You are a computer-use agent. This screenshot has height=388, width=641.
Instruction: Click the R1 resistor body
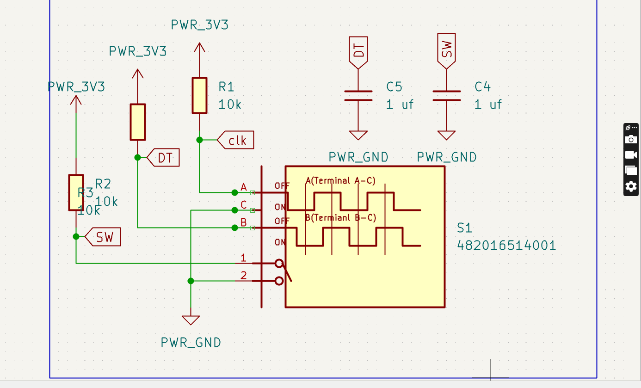click(x=199, y=95)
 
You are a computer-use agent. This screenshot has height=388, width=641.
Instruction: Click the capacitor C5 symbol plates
click(x=358, y=95)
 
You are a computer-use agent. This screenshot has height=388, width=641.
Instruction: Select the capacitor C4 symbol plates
click(x=446, y=95)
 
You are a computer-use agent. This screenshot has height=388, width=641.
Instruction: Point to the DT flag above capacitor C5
click(x=358, y=51)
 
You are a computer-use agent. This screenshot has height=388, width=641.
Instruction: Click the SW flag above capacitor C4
click(x=446, y=49)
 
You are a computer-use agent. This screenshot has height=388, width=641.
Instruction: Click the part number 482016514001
click(x=506, y=245)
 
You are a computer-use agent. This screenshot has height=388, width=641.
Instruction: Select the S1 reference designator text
click(x=464, y=228)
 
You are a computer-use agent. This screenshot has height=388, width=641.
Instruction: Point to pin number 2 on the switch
click(x=244, y=276)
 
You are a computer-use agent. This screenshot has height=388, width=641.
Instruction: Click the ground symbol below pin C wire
click(x=191, y=320)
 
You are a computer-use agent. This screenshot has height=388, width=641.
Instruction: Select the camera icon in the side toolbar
click(x=631, y=139)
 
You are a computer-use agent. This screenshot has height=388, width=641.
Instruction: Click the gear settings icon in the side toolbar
click(x=631, y=186)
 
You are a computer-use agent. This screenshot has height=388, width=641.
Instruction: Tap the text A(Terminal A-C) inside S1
click(x=340, y=181)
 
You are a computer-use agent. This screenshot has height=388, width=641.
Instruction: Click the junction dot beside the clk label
click(x=199, y=140)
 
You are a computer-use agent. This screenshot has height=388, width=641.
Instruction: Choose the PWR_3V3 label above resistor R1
click(x=199, y=25)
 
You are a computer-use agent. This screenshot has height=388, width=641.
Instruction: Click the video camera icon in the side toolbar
click(x=631, y=154)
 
